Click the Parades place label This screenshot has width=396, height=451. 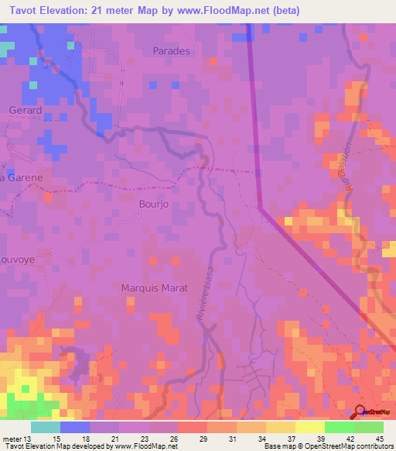(171, 50)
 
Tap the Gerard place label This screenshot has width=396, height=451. (25, 111)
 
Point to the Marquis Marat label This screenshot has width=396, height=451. (155, 288)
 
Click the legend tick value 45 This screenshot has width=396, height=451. (379, 439)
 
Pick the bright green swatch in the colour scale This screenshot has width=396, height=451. (339, 427)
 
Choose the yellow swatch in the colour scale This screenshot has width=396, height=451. (309, 427)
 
